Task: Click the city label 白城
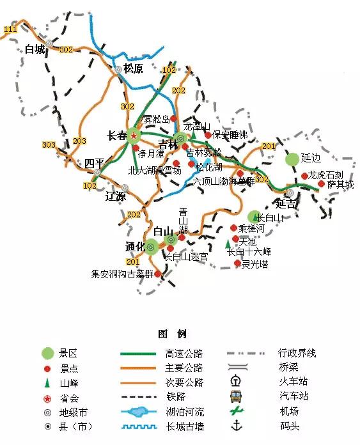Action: click(35, 49)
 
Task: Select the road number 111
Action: click(10, 29)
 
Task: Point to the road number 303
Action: click(49, 145)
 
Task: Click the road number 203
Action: click(80, 141)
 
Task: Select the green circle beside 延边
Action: click(292, 158)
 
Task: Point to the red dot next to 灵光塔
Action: click(237, 263)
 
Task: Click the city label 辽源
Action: click(116, 196)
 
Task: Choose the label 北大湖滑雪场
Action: click(155, 171)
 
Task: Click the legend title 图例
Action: click(172, 334)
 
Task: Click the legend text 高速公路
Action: click(184, 353)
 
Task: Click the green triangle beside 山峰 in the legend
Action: click(47, 383)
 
